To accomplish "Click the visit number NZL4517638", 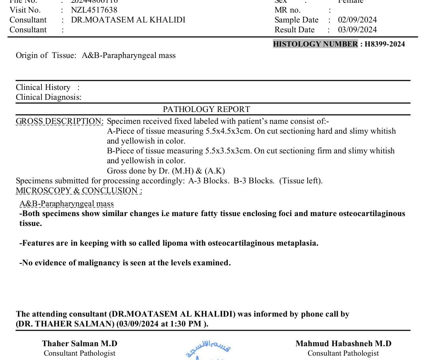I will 94,10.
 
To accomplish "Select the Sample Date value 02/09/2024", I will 357,20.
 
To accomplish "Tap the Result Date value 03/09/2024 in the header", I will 357,30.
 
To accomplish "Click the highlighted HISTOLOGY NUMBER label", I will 315,44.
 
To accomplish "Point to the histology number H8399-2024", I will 385,44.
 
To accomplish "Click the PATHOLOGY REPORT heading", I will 206,109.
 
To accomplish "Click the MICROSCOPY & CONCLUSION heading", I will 79,191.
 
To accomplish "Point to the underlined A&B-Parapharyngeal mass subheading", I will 67,204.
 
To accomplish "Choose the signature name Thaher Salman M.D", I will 80,343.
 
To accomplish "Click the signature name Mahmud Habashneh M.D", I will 343,343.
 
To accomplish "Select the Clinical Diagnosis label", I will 49,97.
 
